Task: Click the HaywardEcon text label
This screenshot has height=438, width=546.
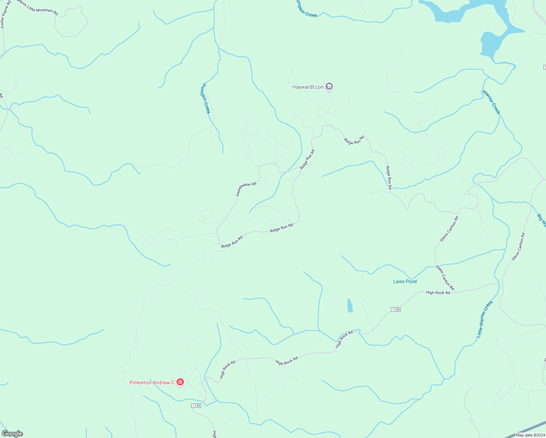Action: point(308,87)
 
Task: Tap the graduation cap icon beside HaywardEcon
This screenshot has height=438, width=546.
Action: point(329,87)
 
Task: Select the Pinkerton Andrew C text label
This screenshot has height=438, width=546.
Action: point(152,383)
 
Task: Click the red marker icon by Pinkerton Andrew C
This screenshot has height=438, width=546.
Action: point(180,382)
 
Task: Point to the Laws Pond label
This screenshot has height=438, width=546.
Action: point(405,281)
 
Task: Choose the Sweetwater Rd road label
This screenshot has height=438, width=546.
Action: point(246,189)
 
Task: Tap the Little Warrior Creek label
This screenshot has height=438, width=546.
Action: point(485,319)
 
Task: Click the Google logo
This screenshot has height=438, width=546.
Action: point(12,434)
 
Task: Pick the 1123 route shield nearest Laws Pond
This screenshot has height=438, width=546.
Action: point(396,310)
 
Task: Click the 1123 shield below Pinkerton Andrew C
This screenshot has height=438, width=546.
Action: point(196,406)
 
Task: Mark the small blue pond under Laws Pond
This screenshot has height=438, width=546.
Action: point(350,306)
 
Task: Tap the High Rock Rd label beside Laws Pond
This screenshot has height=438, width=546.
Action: point(438,293)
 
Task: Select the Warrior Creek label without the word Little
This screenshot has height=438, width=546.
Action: point(491,102)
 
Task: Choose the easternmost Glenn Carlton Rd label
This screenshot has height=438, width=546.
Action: point(518,247)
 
